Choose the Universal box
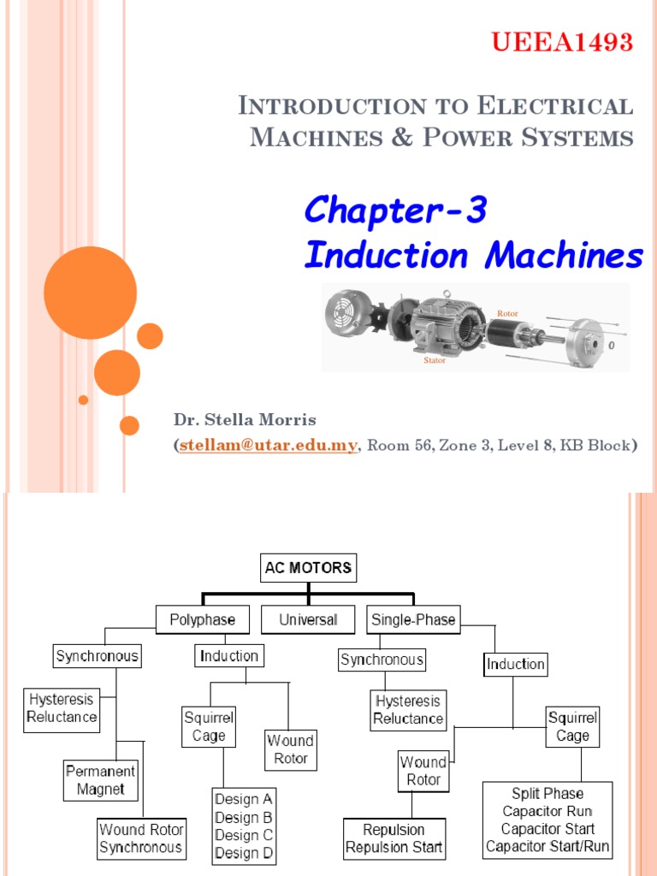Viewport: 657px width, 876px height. pos(308,619)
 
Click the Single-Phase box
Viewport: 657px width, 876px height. pos(413,619)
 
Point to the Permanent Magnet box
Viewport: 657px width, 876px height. pos(101,780)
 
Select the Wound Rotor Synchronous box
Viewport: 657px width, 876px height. pos(141,838)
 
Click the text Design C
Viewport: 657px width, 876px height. pos(244,835)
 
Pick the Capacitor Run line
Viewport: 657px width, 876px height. pos(547,811)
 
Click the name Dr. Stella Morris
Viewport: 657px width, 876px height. pos(245,420)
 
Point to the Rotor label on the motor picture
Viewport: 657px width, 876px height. pos(508,314)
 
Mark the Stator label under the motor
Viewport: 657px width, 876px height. pos(435,361)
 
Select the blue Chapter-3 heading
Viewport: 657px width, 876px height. pos(395,210)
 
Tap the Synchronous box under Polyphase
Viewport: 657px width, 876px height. pos(97,657)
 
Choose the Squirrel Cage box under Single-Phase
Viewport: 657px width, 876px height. pos(572,726)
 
